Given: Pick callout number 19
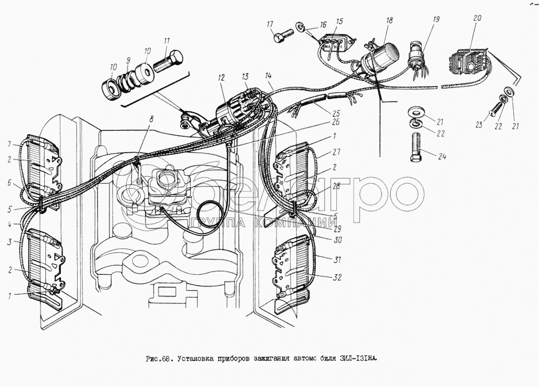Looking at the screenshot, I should click(x=436, y=19).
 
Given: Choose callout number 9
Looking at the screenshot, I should click(x=129, y=61).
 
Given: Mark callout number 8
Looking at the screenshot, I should click(x=151, y=119).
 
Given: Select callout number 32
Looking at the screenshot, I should click(x=337, y=278).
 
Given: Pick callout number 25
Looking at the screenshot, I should click(x=337, y=114).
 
